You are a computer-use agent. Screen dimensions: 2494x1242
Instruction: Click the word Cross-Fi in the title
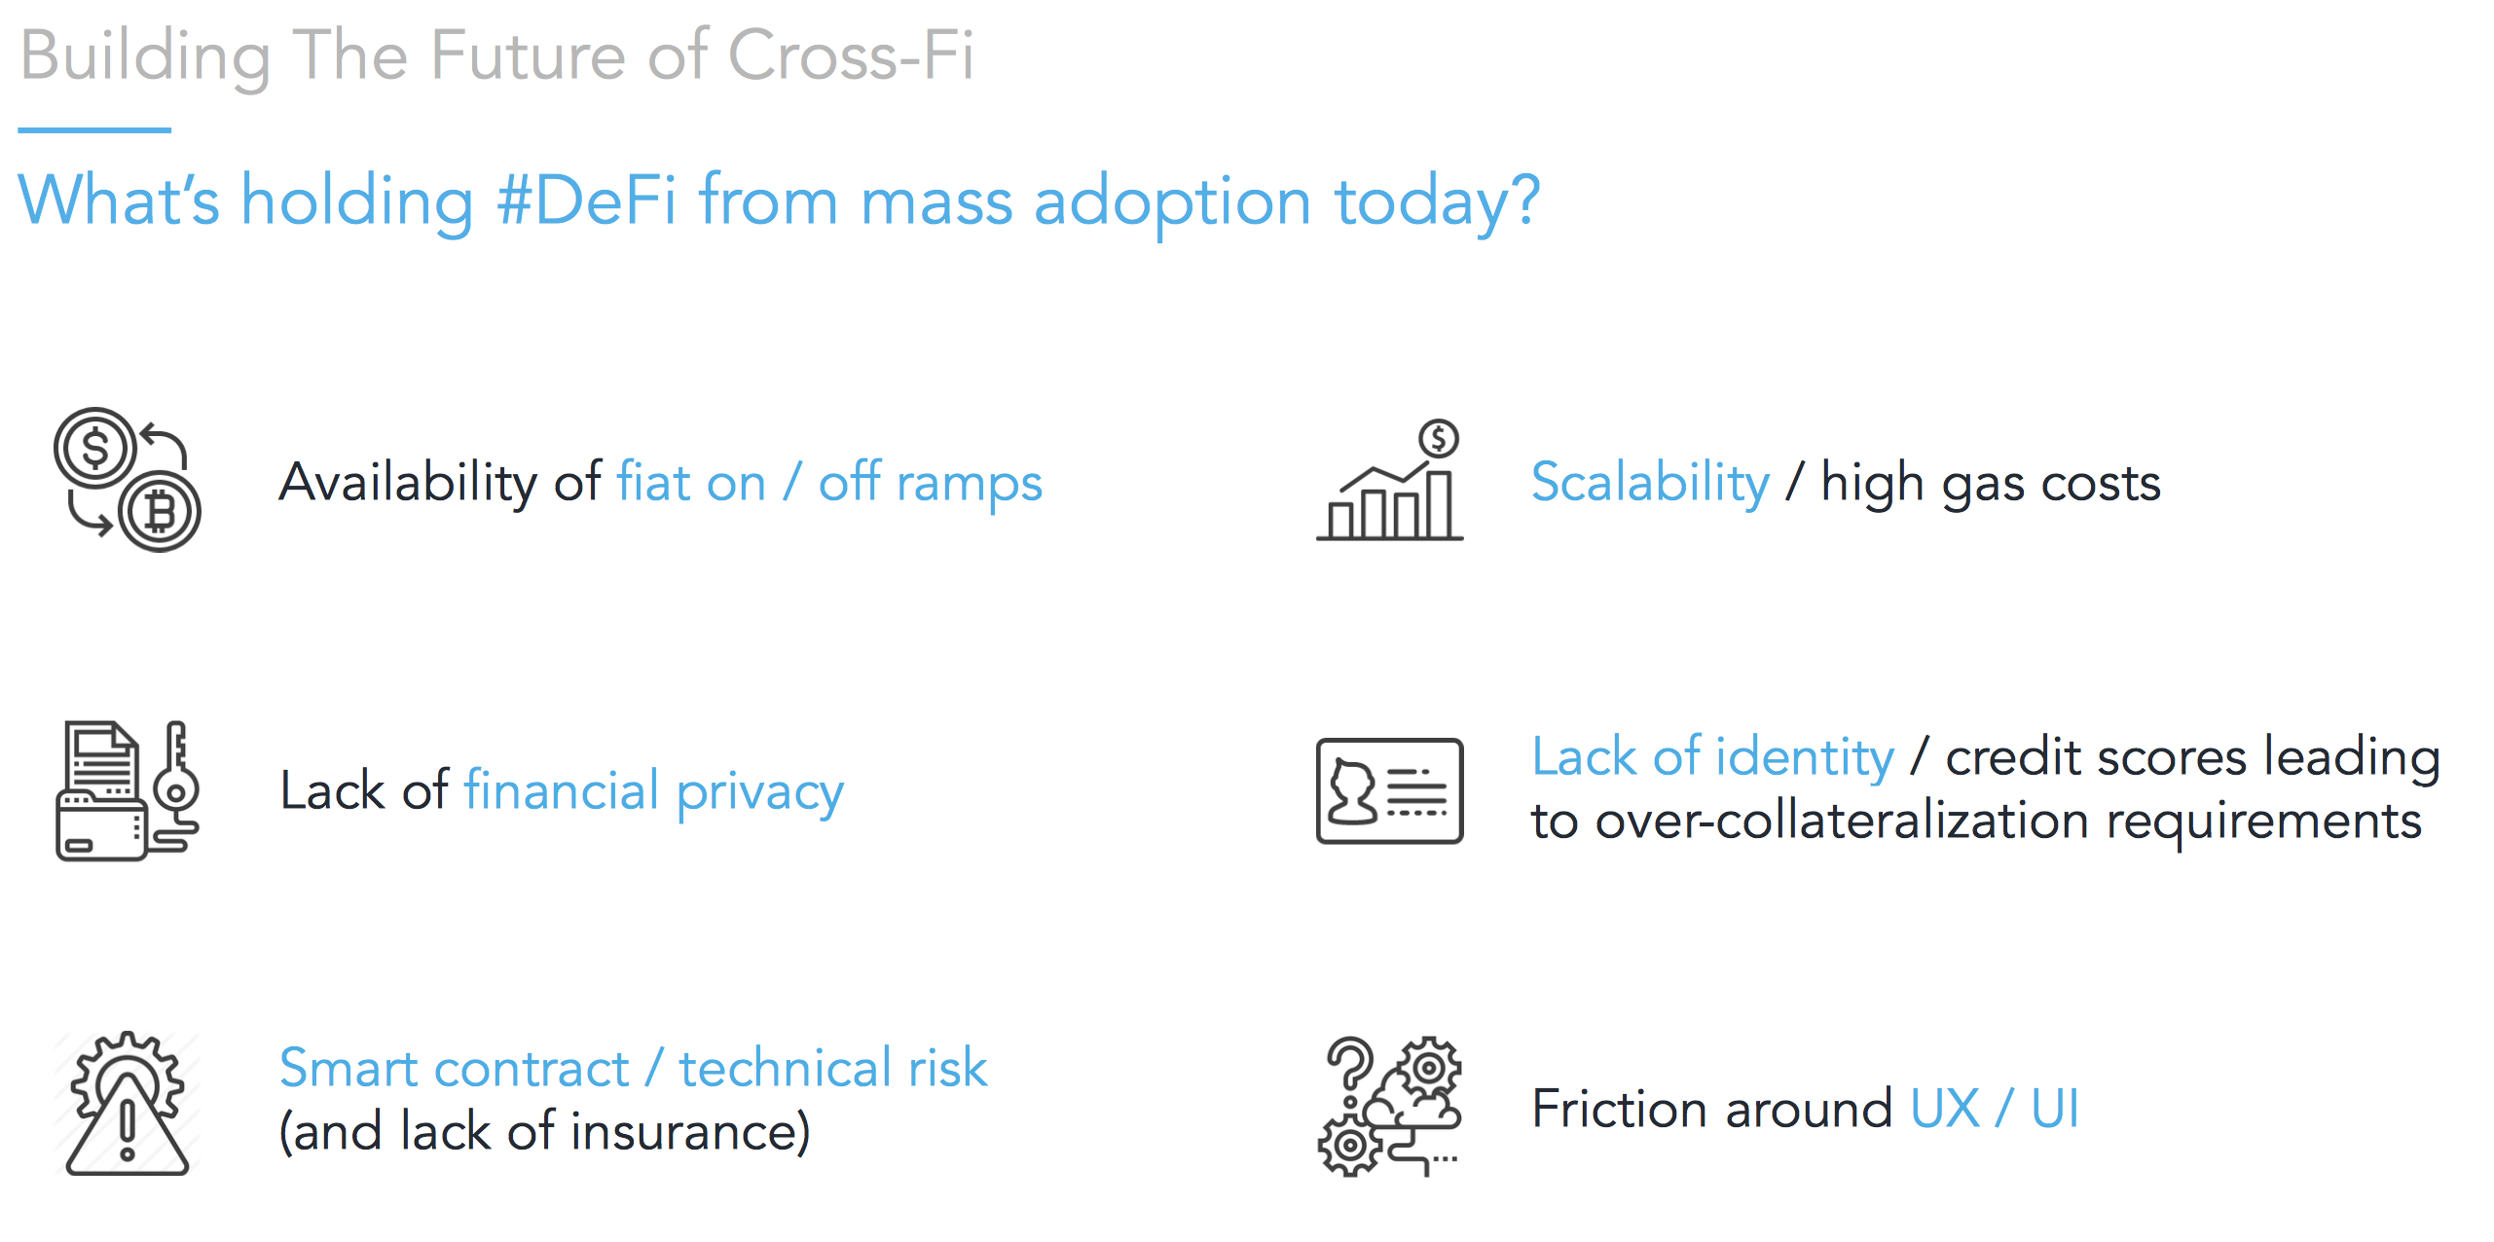[850, 55]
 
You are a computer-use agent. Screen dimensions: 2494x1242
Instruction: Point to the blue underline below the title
[94, 129]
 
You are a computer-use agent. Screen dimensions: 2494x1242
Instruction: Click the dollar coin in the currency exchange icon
[95, 449]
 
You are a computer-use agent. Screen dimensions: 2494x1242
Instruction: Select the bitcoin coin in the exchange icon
[160, 511]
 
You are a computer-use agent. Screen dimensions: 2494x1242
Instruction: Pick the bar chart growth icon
[1389, 479]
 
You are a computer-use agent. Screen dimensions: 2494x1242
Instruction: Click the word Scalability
[1650, 483]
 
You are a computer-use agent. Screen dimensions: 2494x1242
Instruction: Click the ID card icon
[1389, 790]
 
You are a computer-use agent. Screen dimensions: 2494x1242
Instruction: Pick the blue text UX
[1945, 1109]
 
